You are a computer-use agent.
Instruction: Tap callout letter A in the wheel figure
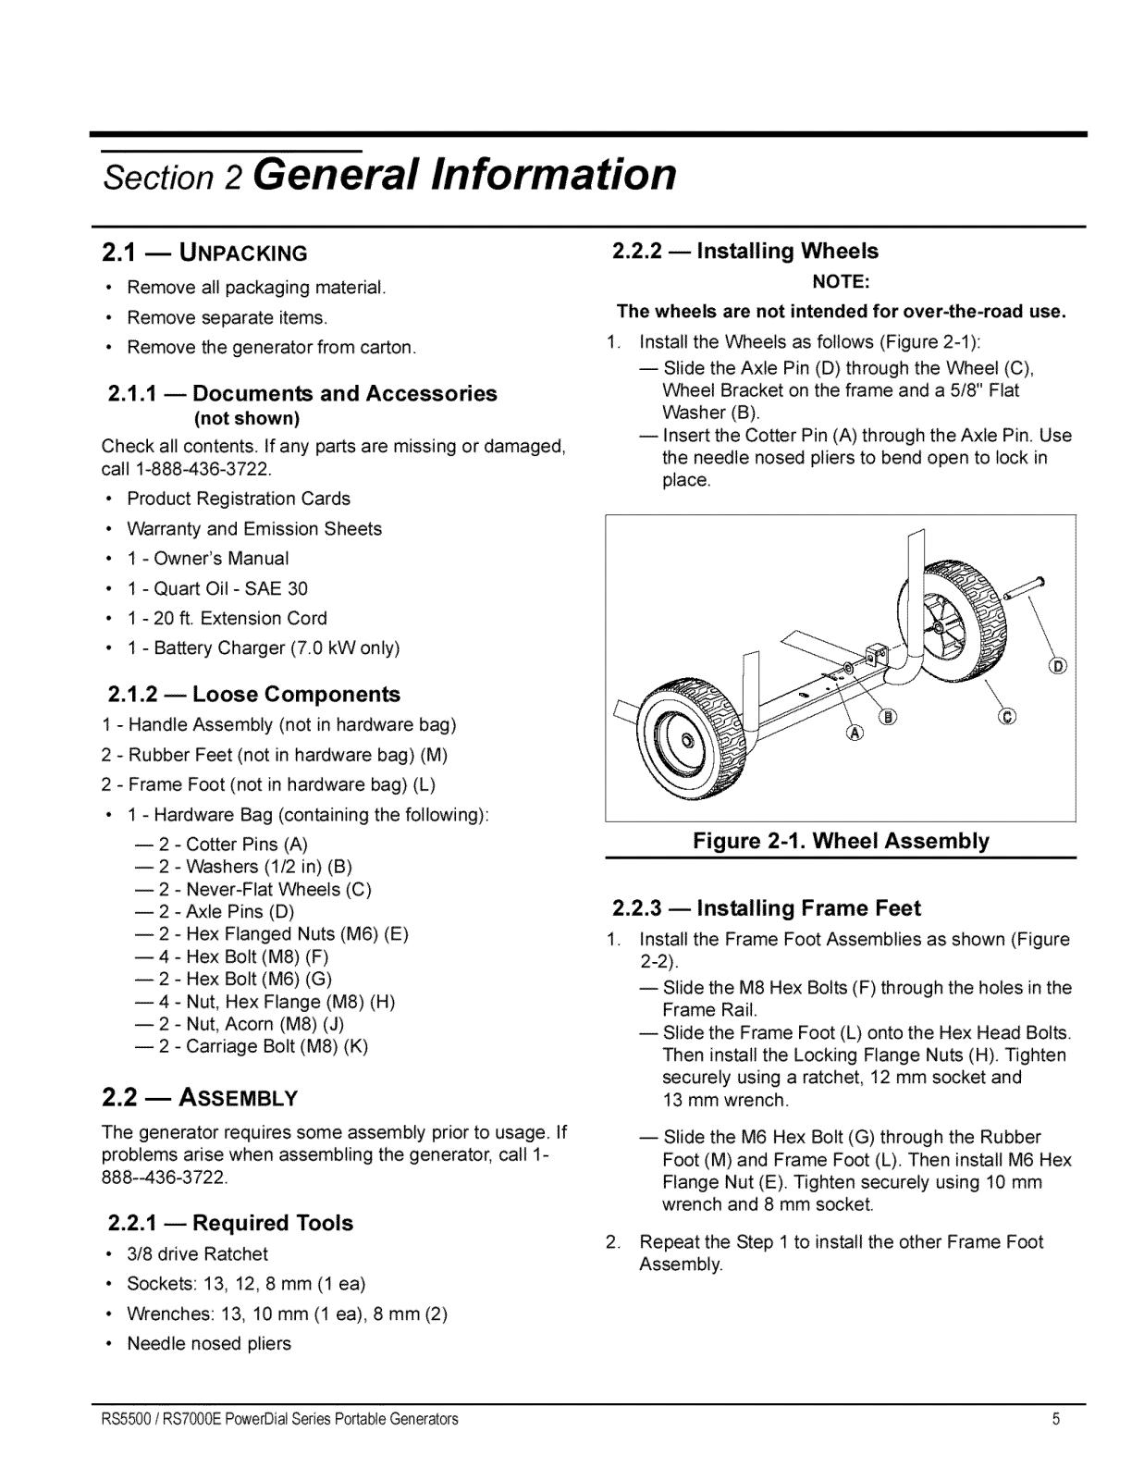(x=855, y=733)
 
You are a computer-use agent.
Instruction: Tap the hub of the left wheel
(x=687, y=742)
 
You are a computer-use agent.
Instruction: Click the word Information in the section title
(x=555, y=174)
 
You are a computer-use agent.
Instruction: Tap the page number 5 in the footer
(x=1055, y=1419)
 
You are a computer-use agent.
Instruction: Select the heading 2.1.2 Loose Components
(x=254, y=694)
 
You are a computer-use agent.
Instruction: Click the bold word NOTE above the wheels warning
(x=841, y=280)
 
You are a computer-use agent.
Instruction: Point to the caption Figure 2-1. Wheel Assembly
(x=841, y=841)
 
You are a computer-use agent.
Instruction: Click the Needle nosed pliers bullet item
(x=209, y=1343)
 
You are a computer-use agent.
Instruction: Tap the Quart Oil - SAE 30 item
(x=217, y=588)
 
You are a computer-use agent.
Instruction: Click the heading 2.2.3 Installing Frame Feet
(x=767, y=907)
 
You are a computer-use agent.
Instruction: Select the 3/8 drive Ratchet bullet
(x=197, y=1254)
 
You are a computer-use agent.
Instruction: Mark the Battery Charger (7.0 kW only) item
(x=263, y=647)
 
